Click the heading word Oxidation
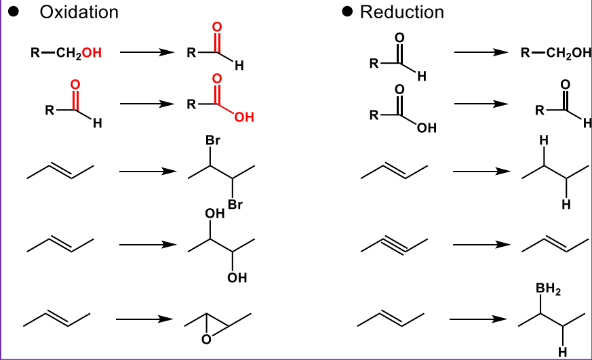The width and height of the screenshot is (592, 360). pos(79,12)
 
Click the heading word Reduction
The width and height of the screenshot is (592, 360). pos(402,12)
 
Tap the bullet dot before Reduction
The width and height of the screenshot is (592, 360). pos(348,12)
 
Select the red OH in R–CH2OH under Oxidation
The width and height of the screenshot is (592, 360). pos(92,53)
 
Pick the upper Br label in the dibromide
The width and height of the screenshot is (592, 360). pos(213,142)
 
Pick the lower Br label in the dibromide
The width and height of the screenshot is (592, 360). pos(235,203)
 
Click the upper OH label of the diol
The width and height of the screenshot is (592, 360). pos(214,214)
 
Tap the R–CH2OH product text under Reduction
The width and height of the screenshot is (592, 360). pos(555,53)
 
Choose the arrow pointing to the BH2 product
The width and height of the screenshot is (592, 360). pos(479,317)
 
